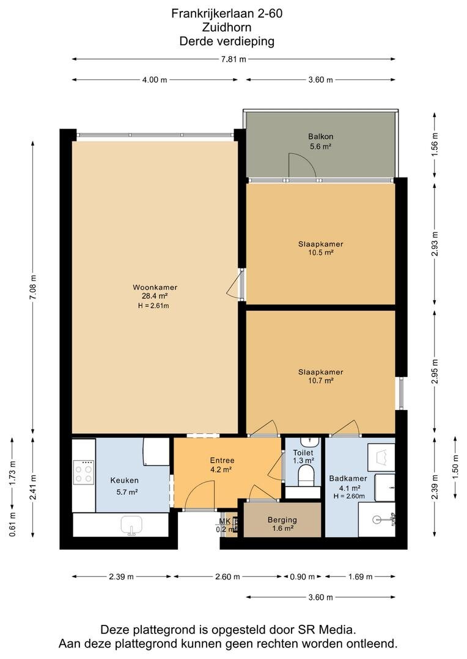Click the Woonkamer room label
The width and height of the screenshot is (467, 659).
coord(155,287)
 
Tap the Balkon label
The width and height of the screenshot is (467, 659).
coord(321,137)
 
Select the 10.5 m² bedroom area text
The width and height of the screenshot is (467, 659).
coord(321,253)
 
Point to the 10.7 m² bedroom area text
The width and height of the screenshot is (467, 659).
coord(321,381)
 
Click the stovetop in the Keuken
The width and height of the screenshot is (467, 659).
coord(83,472)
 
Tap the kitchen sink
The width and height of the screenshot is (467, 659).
coord(131,525)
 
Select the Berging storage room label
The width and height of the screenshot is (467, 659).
coord(282,520)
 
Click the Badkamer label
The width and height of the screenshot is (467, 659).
coord(348,478)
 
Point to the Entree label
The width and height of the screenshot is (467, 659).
coord(222,461)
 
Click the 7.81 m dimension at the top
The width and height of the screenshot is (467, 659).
coord(233,59)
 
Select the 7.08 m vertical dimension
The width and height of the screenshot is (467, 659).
coord(33,287)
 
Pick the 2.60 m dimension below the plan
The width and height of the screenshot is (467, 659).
coord(227,577)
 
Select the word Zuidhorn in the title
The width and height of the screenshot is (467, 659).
coord(227,27)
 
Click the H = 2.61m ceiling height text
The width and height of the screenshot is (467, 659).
coord(153,306)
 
